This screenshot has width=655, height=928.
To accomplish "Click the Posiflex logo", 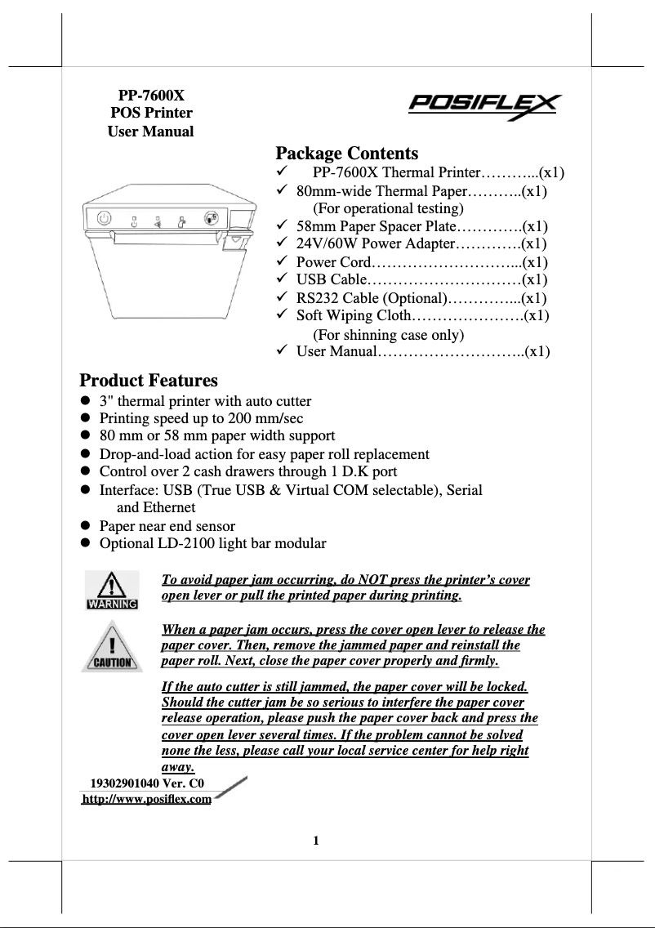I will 484,106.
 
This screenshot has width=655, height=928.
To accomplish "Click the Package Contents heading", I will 346,153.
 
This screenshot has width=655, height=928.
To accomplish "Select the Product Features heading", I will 149,380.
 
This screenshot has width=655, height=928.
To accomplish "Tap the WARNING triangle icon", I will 112,591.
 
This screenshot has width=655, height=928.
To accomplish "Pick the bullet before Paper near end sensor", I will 84,526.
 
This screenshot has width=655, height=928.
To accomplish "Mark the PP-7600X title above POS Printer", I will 151,95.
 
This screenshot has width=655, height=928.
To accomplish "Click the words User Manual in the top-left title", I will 151,132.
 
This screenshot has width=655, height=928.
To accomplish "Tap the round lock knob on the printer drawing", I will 211,218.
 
